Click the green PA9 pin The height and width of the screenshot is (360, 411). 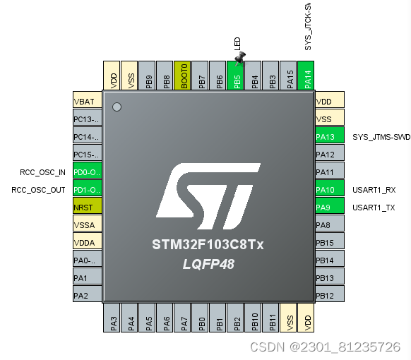coord(328,207)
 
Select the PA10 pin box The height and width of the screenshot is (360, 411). coord(328,189)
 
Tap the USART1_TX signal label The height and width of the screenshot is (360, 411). coord(374,208)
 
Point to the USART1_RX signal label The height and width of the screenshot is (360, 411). coord(374,190)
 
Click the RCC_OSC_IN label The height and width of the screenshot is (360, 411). coord(43,172)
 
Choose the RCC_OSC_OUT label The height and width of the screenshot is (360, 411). coord(39,190)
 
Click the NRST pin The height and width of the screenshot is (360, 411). coord(88,207)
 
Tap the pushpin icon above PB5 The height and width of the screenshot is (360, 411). coord(239,56)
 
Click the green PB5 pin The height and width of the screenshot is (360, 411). coord(237,76)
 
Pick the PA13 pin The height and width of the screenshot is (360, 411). coord(328,136)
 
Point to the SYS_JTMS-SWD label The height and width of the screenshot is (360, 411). coord(381,137)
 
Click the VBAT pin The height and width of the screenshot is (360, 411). coord(88,101)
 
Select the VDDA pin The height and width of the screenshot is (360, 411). coord(88,242)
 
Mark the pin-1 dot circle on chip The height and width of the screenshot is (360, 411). coord(117,107)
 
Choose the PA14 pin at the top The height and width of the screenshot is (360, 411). coord(307,76)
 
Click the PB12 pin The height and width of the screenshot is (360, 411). coord(328,295)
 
